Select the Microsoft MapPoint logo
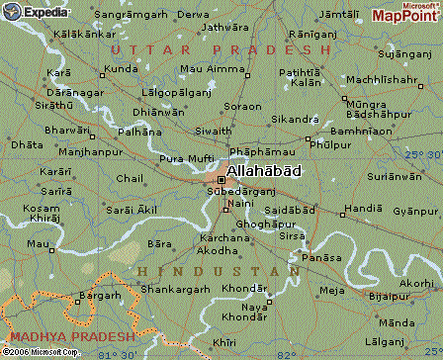pos(403,13)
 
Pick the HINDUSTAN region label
pos(219,270)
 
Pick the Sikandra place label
pos(295,119)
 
